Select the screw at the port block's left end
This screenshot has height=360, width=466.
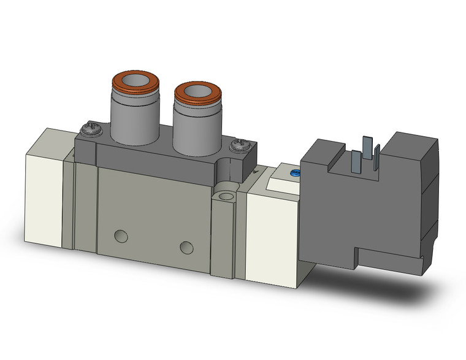pyautogui.click(x=87, y=129)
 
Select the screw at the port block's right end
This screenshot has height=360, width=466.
pyautogui.click(x=237, y=146)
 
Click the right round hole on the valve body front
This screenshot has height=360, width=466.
pyautogui.click(x=186, y=247)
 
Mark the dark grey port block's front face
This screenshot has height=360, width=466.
pyautogui.click(x=153, y=163)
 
